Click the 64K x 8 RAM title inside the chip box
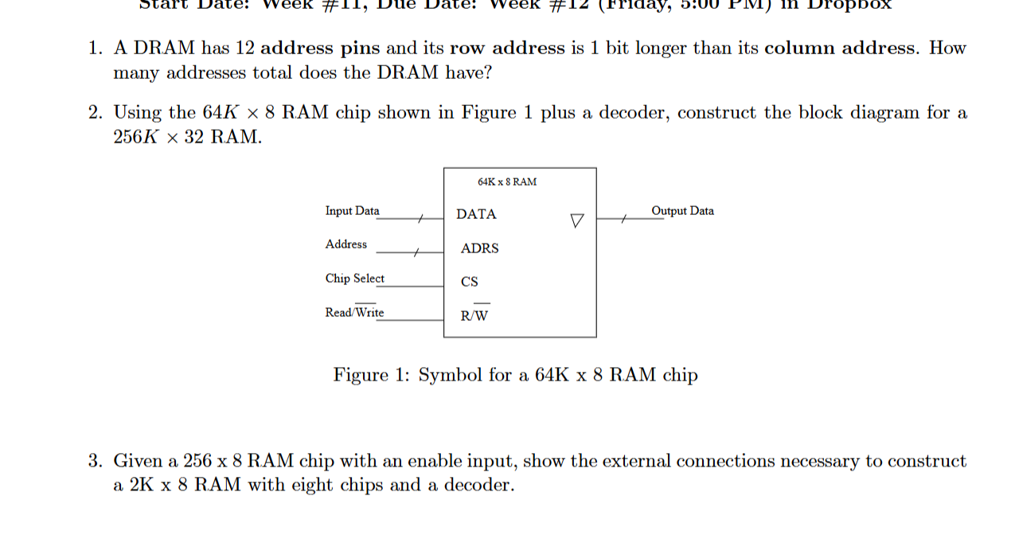click(x=507, y=182)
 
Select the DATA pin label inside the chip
click(x=476, y=214)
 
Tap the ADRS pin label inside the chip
click(x=479, y=248)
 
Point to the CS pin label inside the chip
click(x=470, y=282)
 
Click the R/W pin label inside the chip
click(x=475, y=315)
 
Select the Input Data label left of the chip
click(x=352, y=211)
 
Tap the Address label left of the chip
click(x=345, y=244)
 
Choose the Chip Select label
click(x=354, y=279)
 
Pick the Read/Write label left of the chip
click(x=354, y=312)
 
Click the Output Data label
click(x=682, y=211)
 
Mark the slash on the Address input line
click(x=415, y=252)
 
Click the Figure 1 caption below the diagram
click(x=515, y=375)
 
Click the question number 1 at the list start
click(x=95, y=49)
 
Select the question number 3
click(x=95, y=462)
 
